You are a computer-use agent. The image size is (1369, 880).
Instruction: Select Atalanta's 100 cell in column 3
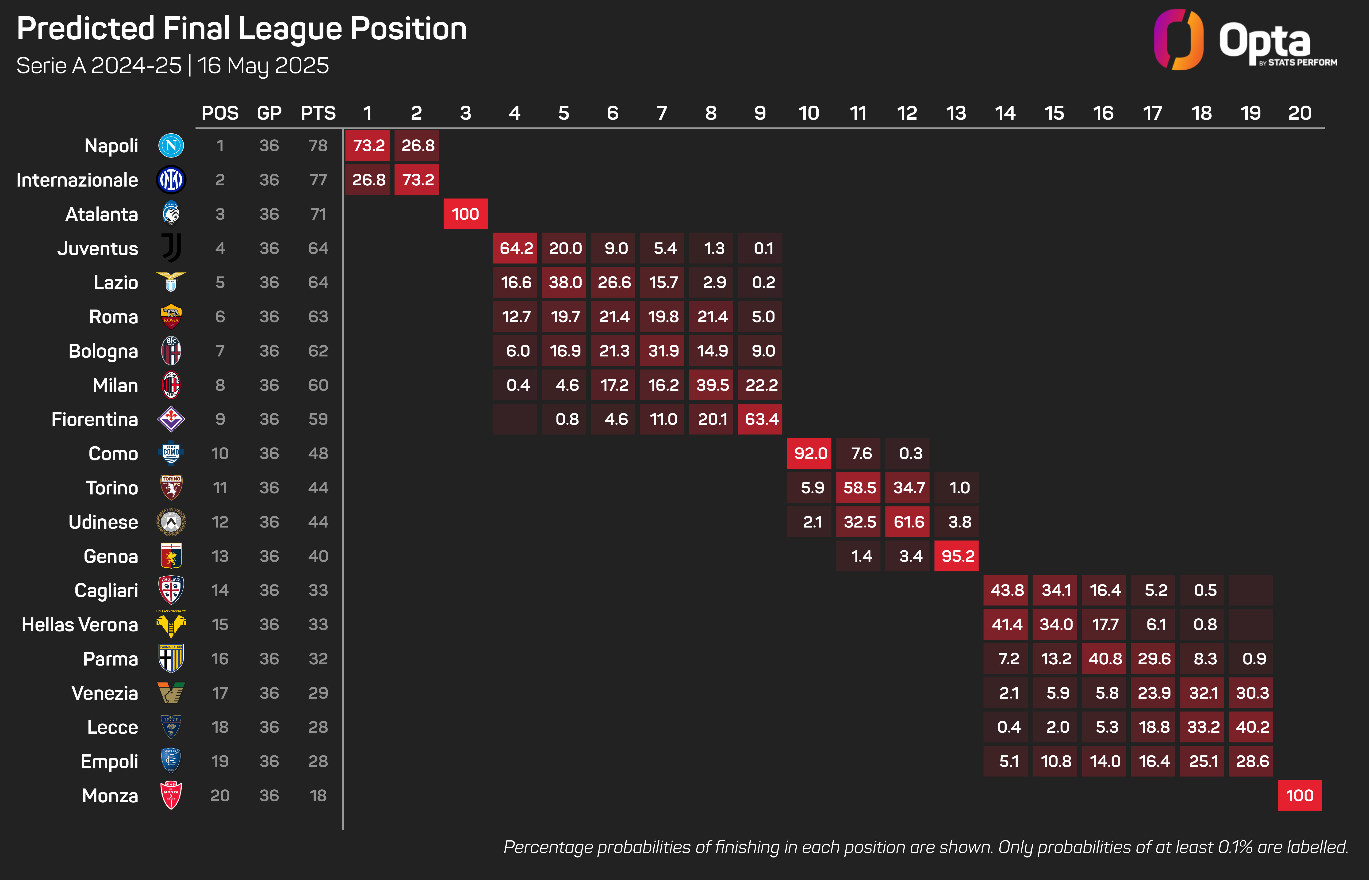click(x=465, y=214)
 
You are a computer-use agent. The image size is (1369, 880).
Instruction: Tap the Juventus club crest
click(x=171, y=248)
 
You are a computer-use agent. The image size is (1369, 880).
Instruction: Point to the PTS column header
click(x=318, y=113)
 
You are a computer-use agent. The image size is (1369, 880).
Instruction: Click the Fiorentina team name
click(x=95, y=419)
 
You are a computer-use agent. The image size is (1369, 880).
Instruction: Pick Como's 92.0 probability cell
click(x=810, y=454)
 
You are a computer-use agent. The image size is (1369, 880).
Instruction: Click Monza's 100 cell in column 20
click(x=1299, y=796)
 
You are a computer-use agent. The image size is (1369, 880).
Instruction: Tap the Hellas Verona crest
click(x=171, y=624)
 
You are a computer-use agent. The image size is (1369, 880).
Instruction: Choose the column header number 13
click(x=956, y=113)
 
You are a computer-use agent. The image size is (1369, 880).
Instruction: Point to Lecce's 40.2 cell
click(x=1251, y=727)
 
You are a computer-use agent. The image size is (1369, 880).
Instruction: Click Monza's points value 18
click(x=318, y=796)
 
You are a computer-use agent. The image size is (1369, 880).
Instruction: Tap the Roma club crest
click(x=171, y=317)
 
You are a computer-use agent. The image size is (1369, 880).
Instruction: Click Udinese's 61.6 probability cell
click(x=908, y=522)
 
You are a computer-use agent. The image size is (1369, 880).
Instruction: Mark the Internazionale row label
click(x=77, y=180)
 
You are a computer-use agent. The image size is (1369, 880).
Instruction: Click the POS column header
click(x=220, y=113)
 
